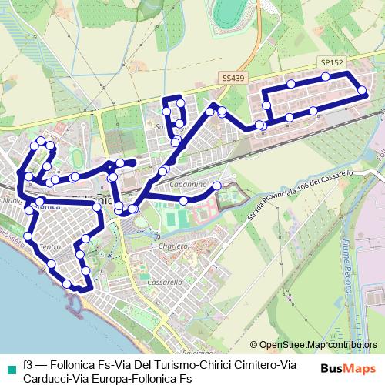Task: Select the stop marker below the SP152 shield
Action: pos(326,76)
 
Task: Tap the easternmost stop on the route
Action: pos(363,93)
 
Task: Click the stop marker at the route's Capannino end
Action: pos(217,186)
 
